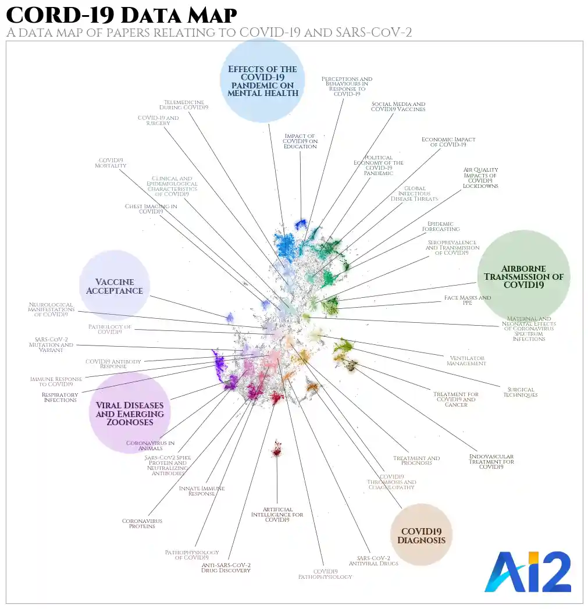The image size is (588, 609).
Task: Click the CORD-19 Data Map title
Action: tap(122, 15)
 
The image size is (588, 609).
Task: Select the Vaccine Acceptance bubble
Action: tap(115, 286)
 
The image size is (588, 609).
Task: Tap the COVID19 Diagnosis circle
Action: tap(422, 535)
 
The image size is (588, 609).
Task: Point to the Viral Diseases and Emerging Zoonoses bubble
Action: tap(130, 413)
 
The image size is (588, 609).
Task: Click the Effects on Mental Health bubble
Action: tap(262, 80)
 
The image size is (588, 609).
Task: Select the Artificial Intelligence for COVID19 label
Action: tap(277, 515)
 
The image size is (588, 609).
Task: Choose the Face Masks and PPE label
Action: tap(468, 300)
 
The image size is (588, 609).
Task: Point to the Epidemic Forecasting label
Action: tap(443, 226)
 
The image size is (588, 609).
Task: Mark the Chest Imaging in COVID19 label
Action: tap(151, 209)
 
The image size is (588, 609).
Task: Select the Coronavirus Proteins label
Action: tap(142, 523)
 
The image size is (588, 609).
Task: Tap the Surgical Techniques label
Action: tap(520, 393)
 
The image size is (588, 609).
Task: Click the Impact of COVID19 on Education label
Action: tap(300, 141)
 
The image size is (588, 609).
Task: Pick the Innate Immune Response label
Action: tap(202, 491)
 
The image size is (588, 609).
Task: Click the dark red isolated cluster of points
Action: tap(277, 448)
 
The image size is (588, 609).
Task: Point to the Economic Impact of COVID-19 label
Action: tap(448, 142)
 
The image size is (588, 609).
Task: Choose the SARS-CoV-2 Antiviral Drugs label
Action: tap(373, 560)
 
